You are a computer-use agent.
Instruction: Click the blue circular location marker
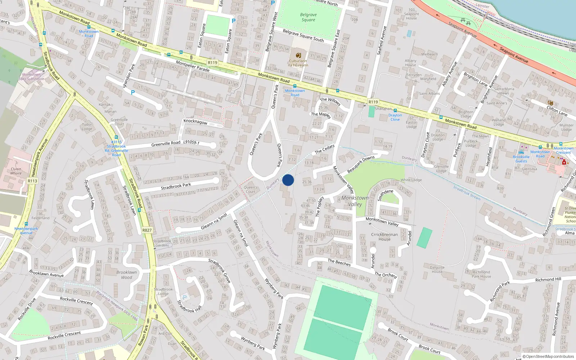pyautogui.click(x=288, y=180)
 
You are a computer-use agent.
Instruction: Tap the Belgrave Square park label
pyautogui.click(x=309, y=17)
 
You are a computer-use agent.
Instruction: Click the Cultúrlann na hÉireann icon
pyautogui.click(x=298, y=55)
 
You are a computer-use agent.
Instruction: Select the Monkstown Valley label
pyautogui.click(x=355, y=201)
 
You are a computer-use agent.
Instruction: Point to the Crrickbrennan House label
pyautogui.click(x=384, y=237)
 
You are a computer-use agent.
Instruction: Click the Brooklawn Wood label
pyautogui.click(x=126, y=275)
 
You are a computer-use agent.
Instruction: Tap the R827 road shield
pyautogui.click(x=147, y=230)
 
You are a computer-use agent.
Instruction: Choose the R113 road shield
pyautogui.click(x=32, y=181)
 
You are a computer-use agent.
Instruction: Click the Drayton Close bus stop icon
pyautogui.click(x=395, y=111)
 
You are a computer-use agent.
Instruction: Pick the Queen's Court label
pyautogui.click(x=251, y=189)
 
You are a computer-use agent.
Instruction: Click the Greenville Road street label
pyautogui.click(x=166, y=143)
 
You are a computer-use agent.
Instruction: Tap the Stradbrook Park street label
pyautogui.click(x=176, y=186)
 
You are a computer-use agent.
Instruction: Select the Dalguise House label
pyautogui.click(x=437, y=269)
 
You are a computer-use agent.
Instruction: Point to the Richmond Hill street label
pyautogui.click(x=548, y=279)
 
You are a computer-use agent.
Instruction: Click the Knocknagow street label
pyautogui.click(x=195, y=122)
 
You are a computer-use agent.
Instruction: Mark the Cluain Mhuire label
pyautogui.click(x=16, y=171)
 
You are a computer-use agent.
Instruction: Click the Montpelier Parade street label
pyautogui.click(x=193, y=66)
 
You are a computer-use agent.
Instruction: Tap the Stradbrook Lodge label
pyautogui.click(x=163, y=291)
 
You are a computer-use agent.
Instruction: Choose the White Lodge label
pyautogui.click(x=411, y=180)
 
